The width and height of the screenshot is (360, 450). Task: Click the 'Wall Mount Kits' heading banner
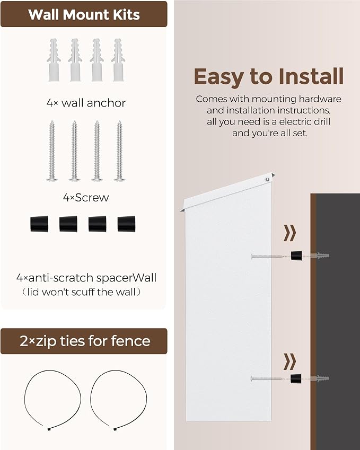84,14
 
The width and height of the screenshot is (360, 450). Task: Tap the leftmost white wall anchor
54,60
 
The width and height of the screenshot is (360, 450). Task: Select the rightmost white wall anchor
118,60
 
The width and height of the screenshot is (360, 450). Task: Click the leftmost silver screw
52,151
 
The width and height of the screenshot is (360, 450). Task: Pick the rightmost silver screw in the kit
119,151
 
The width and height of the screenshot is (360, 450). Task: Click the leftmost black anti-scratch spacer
39,224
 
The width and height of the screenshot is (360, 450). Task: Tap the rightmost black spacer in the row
126,224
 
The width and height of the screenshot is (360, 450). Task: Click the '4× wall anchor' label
86,103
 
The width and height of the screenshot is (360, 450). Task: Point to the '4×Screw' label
86,198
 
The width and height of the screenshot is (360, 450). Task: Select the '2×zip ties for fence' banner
84,341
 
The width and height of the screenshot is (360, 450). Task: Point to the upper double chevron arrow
289,233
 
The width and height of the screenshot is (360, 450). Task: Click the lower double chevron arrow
289,361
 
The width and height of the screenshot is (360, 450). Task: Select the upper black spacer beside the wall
296,255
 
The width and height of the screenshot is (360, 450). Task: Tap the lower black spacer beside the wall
296,378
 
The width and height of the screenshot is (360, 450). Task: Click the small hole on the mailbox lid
268,179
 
